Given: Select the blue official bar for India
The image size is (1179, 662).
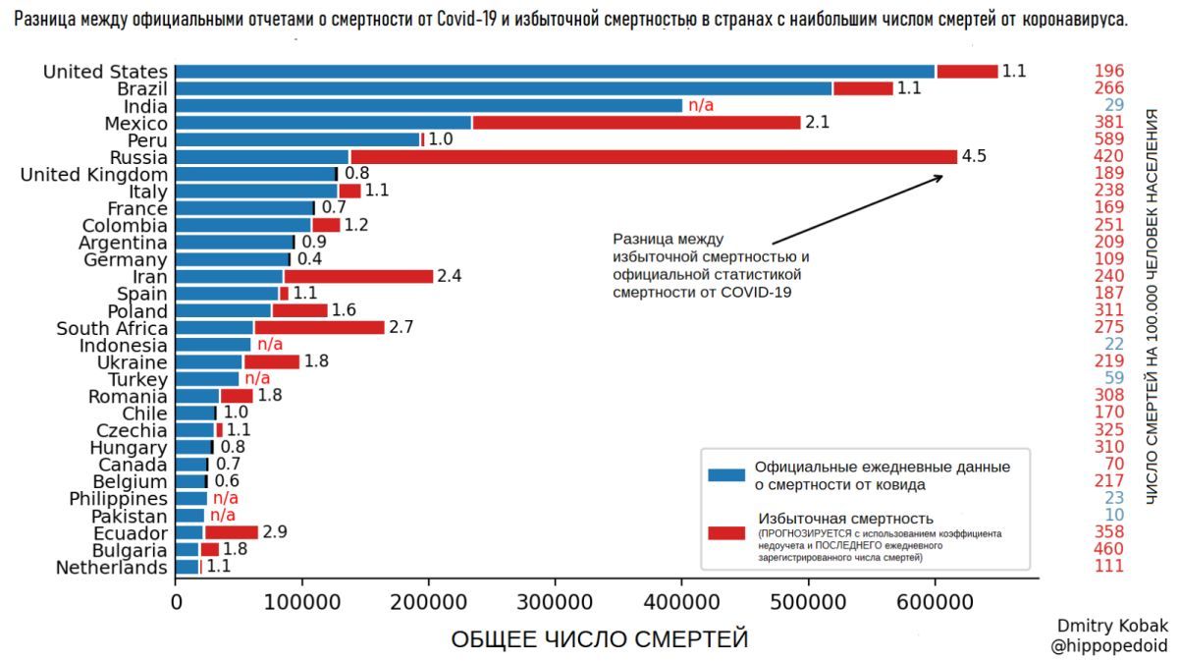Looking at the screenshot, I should pos(428,105).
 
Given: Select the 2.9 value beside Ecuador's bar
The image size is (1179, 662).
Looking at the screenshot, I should pos(276,533).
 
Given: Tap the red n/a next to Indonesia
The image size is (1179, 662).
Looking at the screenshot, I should pos(270,345).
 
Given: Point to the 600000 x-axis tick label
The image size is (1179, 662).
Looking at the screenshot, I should pos(935,600).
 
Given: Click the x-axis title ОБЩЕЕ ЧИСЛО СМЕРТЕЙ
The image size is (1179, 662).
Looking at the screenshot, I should pos(599,639).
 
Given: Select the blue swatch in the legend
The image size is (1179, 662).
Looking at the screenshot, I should pos(726,475).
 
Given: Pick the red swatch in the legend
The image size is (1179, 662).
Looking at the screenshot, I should pos(726,532).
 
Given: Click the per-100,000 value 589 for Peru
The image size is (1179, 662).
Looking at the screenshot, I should pos(1110,139).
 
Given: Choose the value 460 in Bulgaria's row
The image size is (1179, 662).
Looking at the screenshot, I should pos(1110,550).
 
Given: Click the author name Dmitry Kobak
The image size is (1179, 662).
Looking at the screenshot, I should pos(1112,626).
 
